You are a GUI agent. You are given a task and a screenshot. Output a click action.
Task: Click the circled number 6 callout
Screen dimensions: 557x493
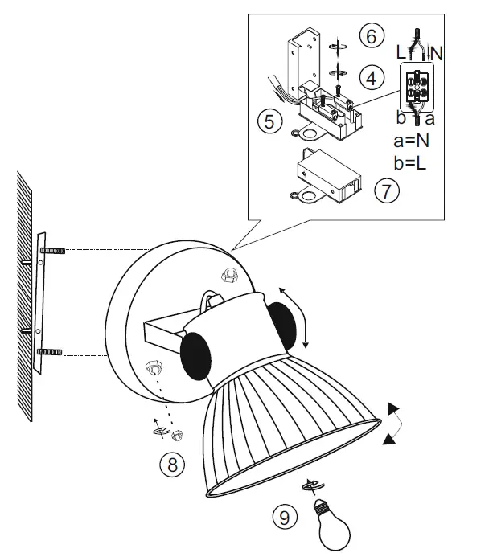(370, 36)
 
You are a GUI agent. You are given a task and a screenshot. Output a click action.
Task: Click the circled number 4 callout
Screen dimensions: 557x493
(370, 78)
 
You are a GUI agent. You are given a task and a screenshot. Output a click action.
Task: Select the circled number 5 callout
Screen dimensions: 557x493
(270, 123)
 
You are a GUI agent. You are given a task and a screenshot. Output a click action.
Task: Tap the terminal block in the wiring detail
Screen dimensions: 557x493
(417, 88)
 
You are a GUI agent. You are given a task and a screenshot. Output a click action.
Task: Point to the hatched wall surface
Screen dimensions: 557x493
(23, 297)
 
